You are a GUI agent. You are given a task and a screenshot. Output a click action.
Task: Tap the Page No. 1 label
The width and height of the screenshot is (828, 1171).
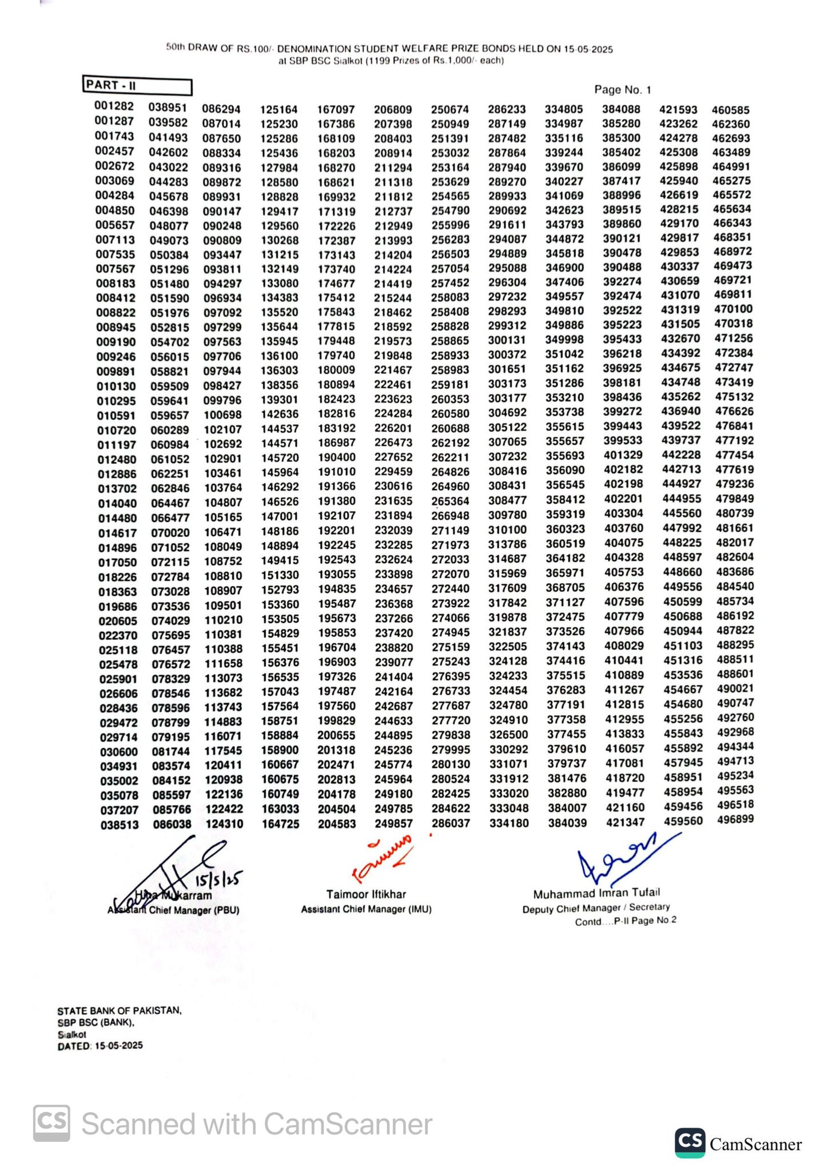point(622,90)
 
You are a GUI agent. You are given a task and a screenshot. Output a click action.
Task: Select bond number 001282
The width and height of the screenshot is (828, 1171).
point(114,106)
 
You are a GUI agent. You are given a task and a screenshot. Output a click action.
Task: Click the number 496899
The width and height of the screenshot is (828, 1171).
point(735,819)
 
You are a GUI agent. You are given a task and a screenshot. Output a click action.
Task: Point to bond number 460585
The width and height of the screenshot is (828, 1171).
point(730,110)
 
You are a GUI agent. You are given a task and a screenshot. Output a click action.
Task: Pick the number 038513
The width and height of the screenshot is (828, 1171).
point(120,825)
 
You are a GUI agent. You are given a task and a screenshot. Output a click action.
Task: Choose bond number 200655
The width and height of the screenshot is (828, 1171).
point(336,735)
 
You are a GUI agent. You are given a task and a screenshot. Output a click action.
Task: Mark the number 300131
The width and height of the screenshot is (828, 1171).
point(507,340)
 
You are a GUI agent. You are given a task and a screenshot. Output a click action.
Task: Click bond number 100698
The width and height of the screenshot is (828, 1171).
point(223,415)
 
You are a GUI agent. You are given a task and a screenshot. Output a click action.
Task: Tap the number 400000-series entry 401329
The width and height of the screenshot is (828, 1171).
point(623,455)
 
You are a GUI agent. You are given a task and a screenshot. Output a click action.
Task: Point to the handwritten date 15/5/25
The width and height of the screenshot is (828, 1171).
point(219,878)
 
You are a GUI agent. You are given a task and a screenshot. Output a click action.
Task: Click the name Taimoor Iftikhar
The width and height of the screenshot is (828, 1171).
point(366,894)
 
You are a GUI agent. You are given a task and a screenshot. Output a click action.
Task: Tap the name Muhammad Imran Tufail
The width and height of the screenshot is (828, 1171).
point(596,893)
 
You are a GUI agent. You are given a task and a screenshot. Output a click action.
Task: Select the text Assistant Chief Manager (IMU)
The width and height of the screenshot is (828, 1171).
point(366,909)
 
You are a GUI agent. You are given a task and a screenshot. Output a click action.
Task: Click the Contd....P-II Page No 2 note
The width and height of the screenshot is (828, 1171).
point(626,921)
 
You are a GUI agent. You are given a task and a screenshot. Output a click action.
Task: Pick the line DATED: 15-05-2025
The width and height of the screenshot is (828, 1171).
point(100,1046)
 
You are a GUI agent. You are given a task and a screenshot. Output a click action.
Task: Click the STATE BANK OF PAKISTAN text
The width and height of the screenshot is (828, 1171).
point(120,1010)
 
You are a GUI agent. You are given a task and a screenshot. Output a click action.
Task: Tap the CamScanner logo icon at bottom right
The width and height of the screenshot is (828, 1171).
point(690,1143)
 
